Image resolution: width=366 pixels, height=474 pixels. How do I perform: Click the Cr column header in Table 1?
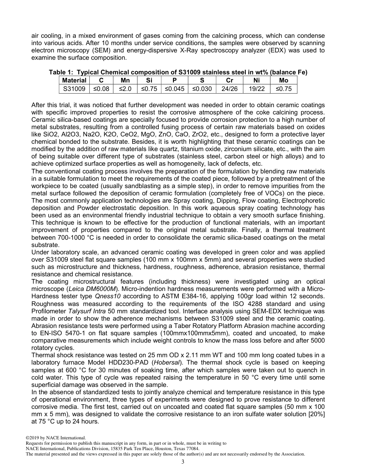pyautogui.click(x=229, y=80)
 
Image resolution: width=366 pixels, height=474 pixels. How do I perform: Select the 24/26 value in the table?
pyautogui.click(x=229, y=89)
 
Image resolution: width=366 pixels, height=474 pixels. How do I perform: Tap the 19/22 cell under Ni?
pyautogui.click(x=256, y=89)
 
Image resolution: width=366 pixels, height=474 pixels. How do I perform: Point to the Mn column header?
pyautogui.click(x=125, y=80)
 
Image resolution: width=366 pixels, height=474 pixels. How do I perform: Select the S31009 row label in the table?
pyautogui.click(x=74, y=89)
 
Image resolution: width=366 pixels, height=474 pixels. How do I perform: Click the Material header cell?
pyautogui.click(x=74, y=80)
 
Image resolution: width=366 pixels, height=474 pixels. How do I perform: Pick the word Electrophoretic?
pyautogui.click(x=304, y=200)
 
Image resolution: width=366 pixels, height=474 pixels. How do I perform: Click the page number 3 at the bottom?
pyautogui.click(x=183, y=462)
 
